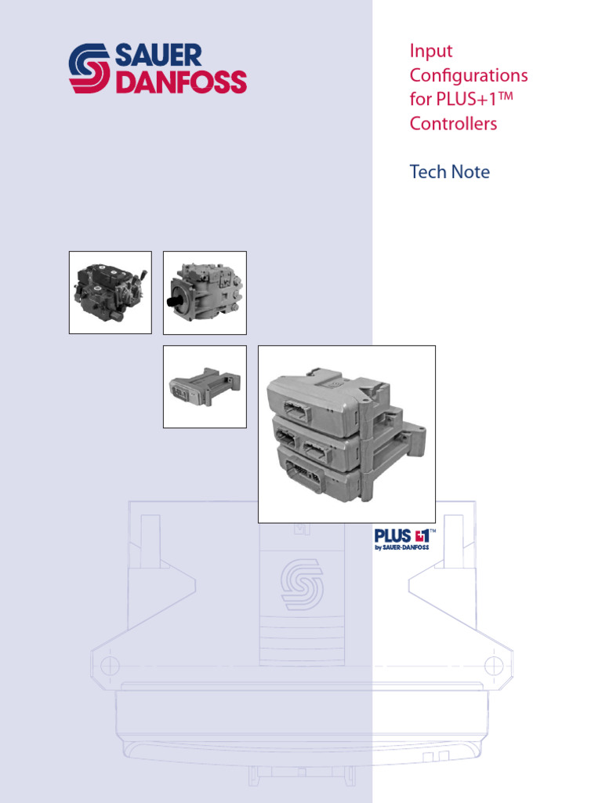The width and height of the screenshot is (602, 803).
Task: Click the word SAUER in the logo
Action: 158,56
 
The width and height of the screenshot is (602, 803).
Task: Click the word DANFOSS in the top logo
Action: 181,82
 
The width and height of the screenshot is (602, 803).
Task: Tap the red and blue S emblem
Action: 89,69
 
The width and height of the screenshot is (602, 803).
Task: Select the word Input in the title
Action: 431,51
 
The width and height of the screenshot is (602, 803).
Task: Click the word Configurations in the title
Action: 468,76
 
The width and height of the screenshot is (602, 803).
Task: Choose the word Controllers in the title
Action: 453,124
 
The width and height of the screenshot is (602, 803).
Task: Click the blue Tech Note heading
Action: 449,172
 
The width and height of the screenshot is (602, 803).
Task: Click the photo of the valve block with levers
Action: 110,292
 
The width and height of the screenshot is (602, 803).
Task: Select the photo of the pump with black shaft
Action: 204,292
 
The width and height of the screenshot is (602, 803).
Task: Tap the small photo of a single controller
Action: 204,387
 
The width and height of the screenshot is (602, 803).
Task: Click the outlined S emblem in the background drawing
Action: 301,584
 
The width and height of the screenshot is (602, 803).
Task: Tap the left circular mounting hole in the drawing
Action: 109,666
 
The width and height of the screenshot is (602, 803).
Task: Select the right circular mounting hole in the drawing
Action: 493,666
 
